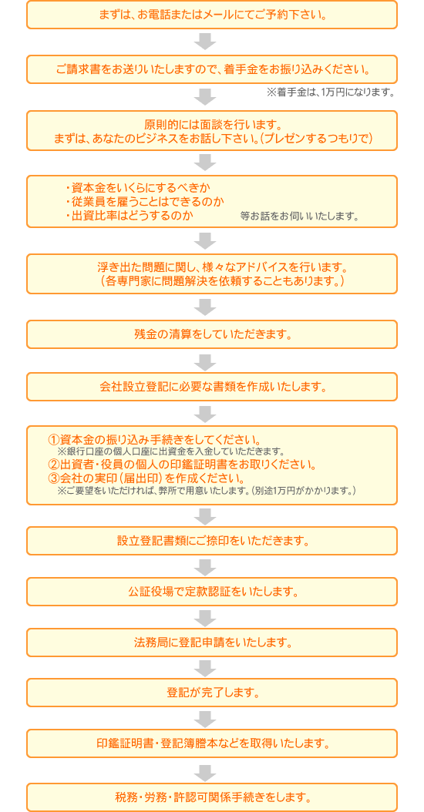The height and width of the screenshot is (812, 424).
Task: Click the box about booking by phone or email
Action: click(x=212, y=14)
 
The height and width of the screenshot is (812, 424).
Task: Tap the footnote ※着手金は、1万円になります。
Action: click(x=331, y=92)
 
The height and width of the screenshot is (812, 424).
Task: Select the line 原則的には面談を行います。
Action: click(x=212, y=125)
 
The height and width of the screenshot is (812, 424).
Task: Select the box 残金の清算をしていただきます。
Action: click(x=212, y=334)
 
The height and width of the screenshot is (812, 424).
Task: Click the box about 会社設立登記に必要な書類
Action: click(x=212, y=387)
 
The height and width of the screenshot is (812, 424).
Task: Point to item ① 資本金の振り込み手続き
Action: click(x=153, y=440)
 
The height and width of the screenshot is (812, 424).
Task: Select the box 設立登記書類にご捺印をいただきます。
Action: click(x=212, y=541)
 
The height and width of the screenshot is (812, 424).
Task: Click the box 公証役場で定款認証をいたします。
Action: click(x=212, y=592)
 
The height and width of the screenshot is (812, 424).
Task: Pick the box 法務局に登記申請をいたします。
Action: click(x=212, y=643)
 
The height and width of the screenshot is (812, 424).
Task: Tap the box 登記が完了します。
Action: click(x=212, y=693)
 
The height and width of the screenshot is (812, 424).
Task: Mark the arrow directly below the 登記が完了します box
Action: click(x=207, y=718)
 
